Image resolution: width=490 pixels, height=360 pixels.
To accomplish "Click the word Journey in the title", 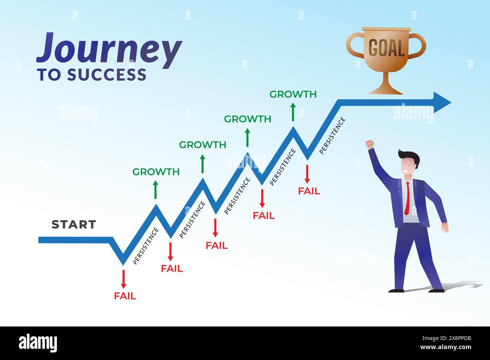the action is pos(109,50).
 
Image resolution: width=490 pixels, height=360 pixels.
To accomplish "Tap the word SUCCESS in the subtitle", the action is pos(107,75).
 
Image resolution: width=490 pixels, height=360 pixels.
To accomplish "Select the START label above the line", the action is pos(74,224).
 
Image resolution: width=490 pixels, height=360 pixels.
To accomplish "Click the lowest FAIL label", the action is pos(125,296).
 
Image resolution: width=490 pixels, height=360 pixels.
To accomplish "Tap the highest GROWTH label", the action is pos(293,94).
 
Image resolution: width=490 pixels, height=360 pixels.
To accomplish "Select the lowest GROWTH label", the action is pos(156,172).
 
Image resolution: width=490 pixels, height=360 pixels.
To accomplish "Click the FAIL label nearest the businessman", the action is pos(309,191).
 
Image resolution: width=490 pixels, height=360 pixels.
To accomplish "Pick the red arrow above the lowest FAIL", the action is pos(123,279).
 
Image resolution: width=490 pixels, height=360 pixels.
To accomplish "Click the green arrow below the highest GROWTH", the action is pos(293,112).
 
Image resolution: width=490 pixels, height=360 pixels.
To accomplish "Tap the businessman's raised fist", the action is pos(370,145).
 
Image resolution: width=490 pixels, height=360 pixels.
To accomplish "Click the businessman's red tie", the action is pos(407,198).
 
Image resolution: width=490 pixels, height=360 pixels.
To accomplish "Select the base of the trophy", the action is pos(385,90).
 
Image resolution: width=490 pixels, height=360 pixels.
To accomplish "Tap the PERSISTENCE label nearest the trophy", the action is pos(332,136).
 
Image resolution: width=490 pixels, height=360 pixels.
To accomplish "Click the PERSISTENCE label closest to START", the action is pos(146,246).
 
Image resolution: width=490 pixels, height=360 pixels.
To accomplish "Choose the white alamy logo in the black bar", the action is pos(38,343).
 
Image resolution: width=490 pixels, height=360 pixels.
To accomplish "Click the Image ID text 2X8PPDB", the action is pos(459,338).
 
